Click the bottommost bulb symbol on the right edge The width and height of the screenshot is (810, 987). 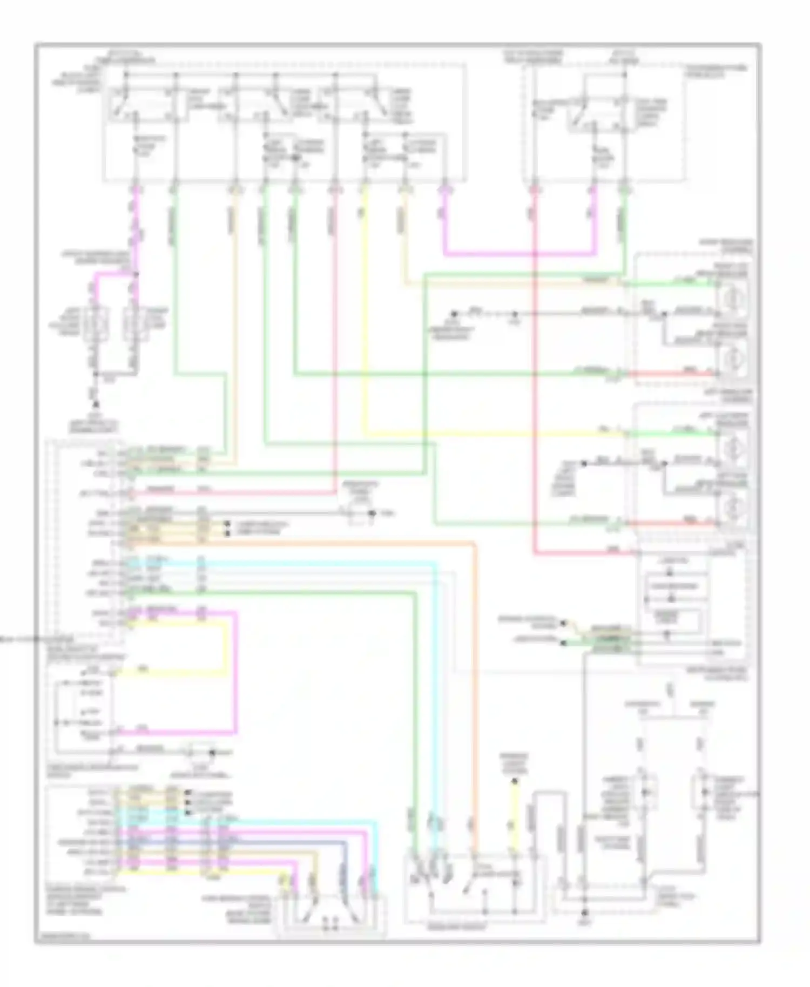732,508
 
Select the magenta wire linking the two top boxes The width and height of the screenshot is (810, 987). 518,253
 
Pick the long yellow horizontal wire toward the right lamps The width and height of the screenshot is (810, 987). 486,434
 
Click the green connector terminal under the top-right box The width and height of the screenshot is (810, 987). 625,190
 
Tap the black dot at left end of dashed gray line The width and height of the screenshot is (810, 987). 455,313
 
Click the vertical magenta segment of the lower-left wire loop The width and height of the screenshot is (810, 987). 235,672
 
